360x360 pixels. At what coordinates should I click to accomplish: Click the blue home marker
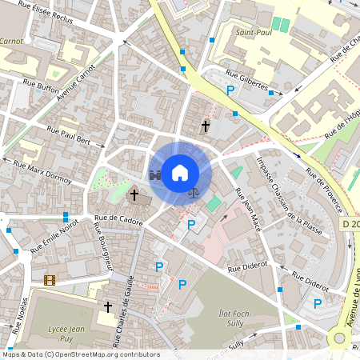pyautogui.click(x=180, y=172)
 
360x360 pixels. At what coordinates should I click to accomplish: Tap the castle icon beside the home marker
pyautogui.click(x=155, y=174)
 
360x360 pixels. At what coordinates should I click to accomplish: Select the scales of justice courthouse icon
pyautogui.click(x=194, y=191)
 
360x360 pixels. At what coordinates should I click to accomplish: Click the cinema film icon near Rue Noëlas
pyautogui.click(x=50, y=280)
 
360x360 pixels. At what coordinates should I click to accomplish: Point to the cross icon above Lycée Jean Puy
pyautogui.click(x=108, y=306)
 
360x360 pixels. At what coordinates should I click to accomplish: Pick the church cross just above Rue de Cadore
pyautogui.click(x=134, y=194)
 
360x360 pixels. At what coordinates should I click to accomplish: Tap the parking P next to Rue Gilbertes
pyautogui.click(x=231, y=91)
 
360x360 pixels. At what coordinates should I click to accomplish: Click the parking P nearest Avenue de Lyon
pyautogui.click(x=318, y=303)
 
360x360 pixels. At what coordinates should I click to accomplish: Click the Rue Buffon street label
pyautogui.click(x=41, y=83)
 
